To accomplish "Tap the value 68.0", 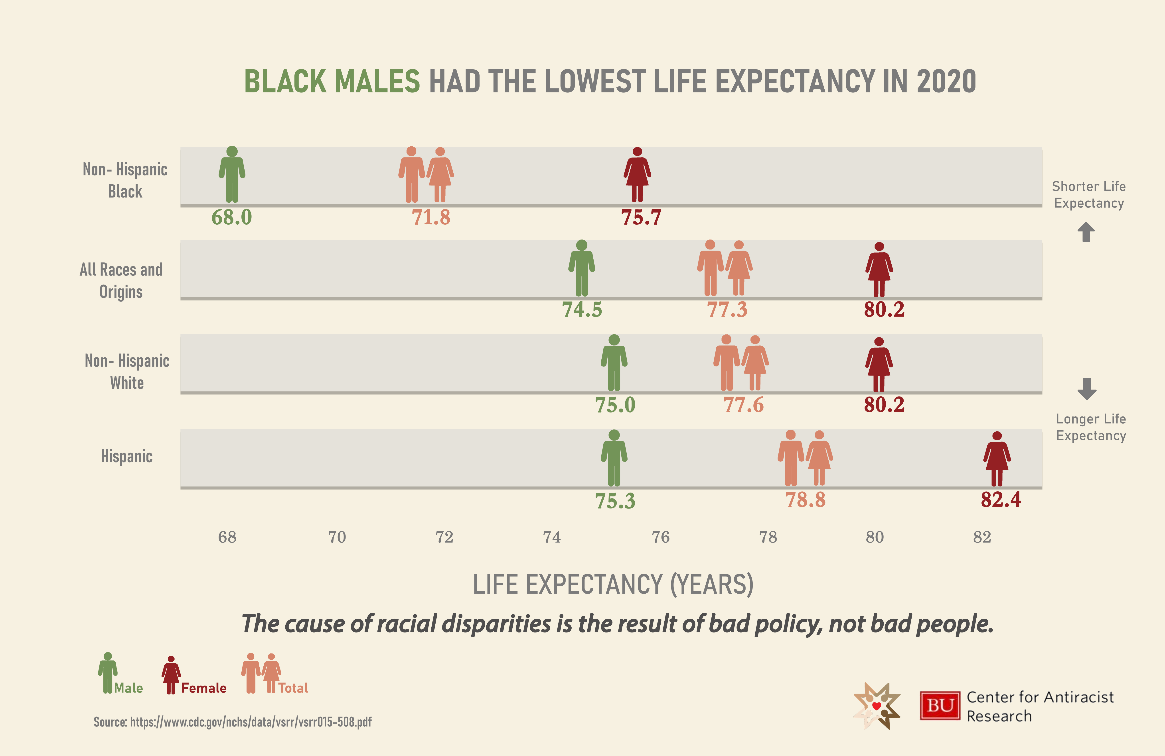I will pyautogui.click(x=231, y=217).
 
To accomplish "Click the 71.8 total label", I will pyautogui.click(x=431, y=217).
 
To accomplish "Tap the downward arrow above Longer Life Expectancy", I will pyautogui.click(x=1087, y=389).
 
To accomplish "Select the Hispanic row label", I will pyautogui.click(x=127, y=456).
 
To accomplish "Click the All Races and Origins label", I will pyautogui.click(x=121, y=280).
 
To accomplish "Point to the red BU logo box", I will pyautogui.click(x=940, y=706).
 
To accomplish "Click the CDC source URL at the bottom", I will pyautogui.click(x=233, y=722).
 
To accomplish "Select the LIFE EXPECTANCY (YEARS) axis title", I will pyautogui.click(x=613, y=584).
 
